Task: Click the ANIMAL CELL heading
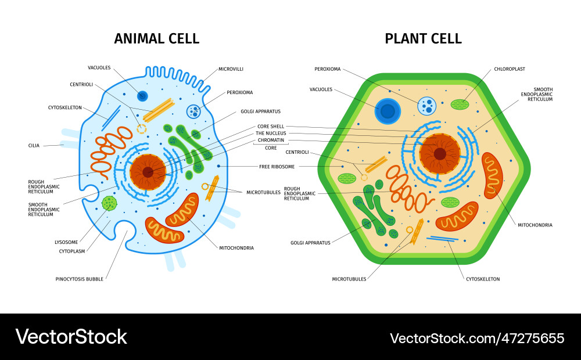[157, 39]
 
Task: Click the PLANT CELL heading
[423, 39]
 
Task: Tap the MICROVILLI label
[231, 69]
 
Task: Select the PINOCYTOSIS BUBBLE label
[80, 279]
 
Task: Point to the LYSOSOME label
[66, 242]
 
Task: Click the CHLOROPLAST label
[509, 69]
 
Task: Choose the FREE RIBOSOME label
[277, 167]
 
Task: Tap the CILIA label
[34, 146]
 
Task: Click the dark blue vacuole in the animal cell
[142, 96]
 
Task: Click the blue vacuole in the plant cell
[388, 111]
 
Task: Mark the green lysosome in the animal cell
[109, 203]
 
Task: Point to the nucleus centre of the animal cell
[148, 172]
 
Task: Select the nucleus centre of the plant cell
[440, 154]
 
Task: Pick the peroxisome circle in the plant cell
[427, 106]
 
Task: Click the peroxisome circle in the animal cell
[193, 111]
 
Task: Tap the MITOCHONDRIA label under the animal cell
[236, 248]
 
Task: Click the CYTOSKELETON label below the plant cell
[483, 279]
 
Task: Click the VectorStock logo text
[71, 337]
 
